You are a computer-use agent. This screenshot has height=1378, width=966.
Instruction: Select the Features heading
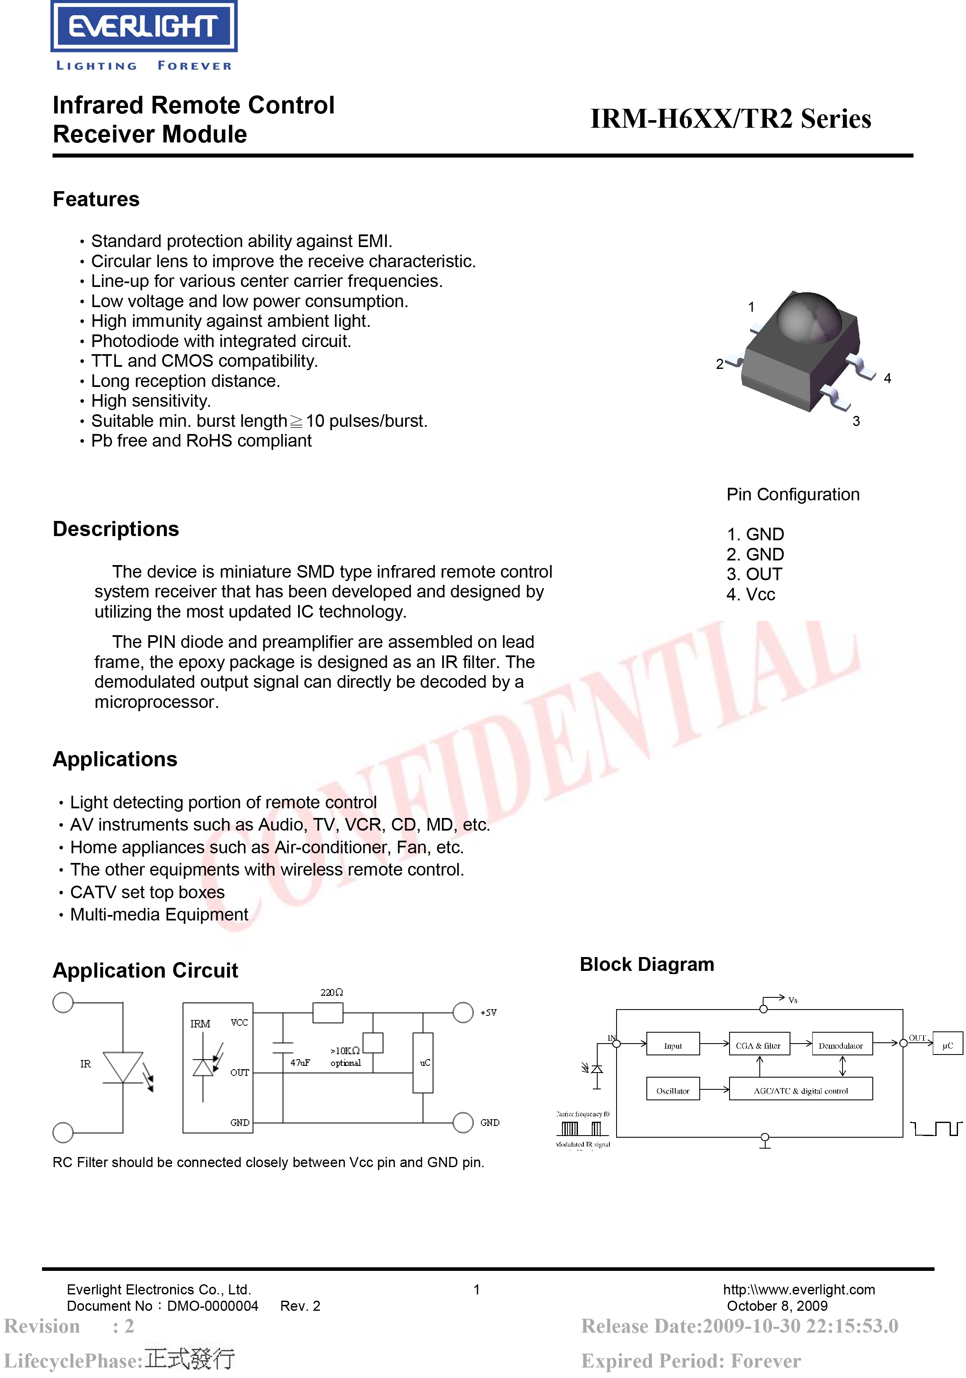[x=96, y=199]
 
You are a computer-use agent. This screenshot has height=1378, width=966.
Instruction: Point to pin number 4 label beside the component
[x=887, y=378]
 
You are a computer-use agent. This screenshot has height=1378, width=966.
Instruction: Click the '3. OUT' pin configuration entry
[x=754, y=574]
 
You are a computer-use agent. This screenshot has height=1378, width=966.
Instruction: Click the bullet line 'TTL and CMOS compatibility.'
[x=204, y=361]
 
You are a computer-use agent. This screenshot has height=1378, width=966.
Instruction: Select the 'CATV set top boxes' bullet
[x=147, y=892]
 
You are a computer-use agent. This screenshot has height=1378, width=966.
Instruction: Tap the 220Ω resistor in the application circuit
[x=328, y=1013]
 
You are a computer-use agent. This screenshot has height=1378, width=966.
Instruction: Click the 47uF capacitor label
[x=300, y=1062]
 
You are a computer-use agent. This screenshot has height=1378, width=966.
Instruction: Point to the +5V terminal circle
[x=462, y=1012]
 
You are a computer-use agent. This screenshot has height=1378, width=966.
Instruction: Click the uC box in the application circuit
[x=423, y=1062]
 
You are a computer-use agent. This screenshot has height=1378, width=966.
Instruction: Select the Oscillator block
[x=672, y=1091]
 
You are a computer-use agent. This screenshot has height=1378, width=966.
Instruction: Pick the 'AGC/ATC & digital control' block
[x=801, y=1091]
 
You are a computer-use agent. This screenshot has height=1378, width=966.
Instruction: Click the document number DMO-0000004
[x=213, y=1306]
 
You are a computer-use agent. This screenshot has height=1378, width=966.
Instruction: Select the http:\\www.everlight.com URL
[x=798, y=1290]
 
